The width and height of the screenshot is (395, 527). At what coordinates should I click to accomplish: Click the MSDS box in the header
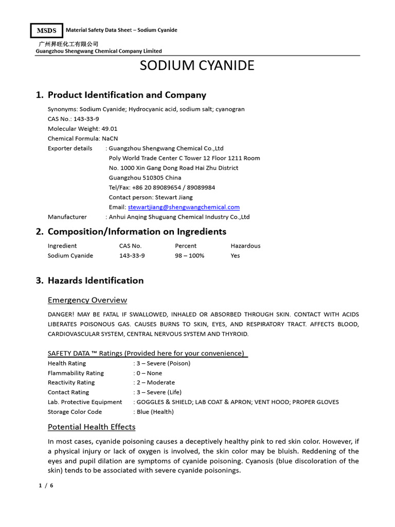click(46, 31)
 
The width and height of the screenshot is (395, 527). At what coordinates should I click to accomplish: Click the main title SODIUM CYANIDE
click(197, 66)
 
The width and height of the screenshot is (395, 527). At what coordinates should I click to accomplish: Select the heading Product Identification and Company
click(127, 95)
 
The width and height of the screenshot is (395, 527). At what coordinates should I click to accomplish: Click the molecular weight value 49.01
click(109, 129)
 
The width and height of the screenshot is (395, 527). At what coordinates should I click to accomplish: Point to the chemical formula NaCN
click(110, 138)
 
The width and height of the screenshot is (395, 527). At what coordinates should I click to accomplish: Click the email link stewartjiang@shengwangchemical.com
click(184, 207)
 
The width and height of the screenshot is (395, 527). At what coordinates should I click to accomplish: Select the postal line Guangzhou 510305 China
click(145, 178)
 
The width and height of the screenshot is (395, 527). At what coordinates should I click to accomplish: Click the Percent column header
click(186, 245)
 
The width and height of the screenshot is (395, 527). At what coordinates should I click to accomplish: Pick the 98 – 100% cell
click(189, 255)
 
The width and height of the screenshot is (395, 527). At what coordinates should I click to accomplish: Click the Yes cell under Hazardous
click(235, 255)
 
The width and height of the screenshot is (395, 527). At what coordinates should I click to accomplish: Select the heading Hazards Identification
click(96, 280)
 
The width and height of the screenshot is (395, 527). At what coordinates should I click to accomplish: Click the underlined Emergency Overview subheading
click(87, 300)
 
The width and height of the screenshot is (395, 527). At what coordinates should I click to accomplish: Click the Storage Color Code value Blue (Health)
click(154, 412)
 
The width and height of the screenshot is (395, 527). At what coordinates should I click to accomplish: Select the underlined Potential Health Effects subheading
click(92, 427)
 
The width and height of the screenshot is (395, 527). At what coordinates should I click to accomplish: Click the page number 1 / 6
click(46, 485)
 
